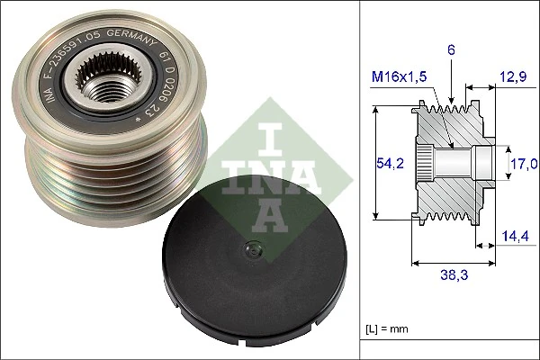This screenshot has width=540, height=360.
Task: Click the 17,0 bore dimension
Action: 525,163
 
